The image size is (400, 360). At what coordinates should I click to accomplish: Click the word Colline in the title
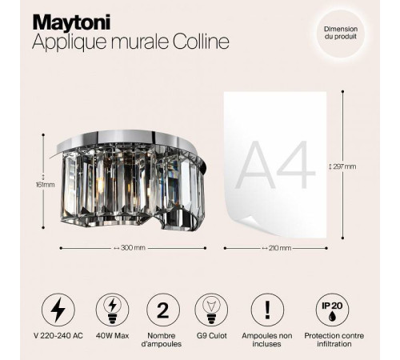193,41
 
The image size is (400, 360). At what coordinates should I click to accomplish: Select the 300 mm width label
131,247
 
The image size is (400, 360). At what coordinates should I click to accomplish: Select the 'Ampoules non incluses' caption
267,342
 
